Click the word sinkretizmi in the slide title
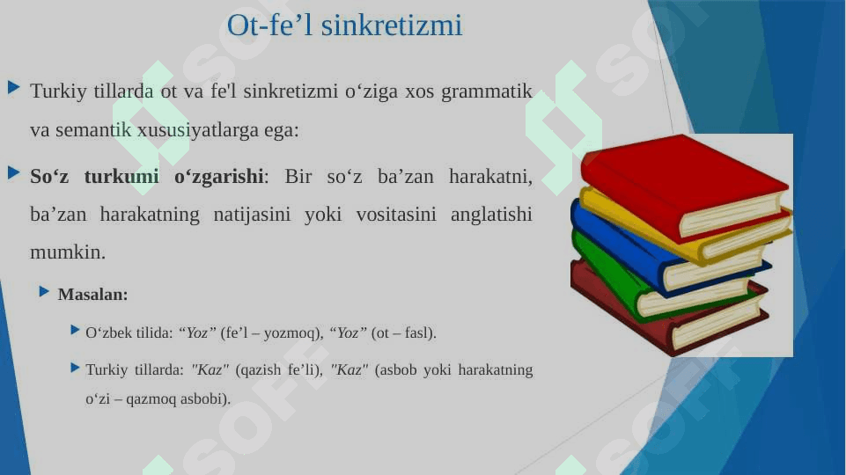[392, 26]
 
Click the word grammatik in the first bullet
[487, 91]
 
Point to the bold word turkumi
[121, 176]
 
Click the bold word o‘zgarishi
[219, 177]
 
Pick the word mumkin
[68, 252]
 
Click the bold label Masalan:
[92, 295]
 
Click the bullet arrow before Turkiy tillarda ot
[14, 87]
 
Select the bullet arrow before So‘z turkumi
[14, 173]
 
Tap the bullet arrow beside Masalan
[44, 292]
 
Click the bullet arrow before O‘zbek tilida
[75, 330]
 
